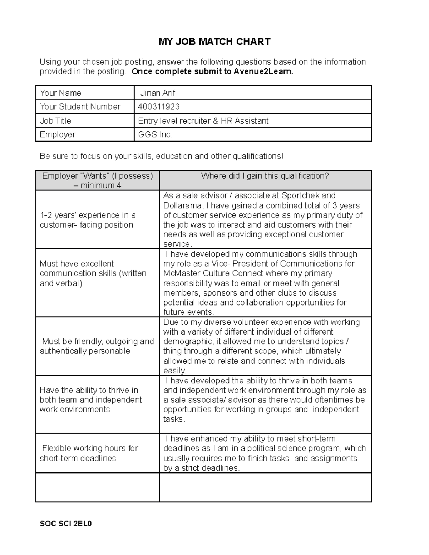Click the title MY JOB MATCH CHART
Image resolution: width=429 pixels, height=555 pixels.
tap(214, 42)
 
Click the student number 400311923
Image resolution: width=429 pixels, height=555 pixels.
tap(159, 107)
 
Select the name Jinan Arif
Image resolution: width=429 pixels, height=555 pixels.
tap(157, 93)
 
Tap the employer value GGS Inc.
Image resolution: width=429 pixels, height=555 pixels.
tap(155, 135)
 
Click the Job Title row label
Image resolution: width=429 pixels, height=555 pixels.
tap(55, 121)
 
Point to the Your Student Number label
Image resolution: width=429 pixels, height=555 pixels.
tap(80, 107)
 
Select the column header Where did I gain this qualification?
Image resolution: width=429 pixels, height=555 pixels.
tap(265, 176)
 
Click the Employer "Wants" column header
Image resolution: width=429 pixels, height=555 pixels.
tap(97, 180)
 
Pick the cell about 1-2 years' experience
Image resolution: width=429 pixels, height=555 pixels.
tap(88, 220)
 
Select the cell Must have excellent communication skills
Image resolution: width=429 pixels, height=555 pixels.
tap(93, 273)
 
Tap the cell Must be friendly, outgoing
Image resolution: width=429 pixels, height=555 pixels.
tap(97, 346)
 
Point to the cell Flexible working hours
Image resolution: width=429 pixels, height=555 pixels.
tap(89, 453)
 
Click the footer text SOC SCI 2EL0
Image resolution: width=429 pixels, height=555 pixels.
tap(66, 524)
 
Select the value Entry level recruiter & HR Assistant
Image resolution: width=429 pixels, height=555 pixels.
tap(203, 121)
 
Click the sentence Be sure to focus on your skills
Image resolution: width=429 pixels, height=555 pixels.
tap(161, 156)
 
